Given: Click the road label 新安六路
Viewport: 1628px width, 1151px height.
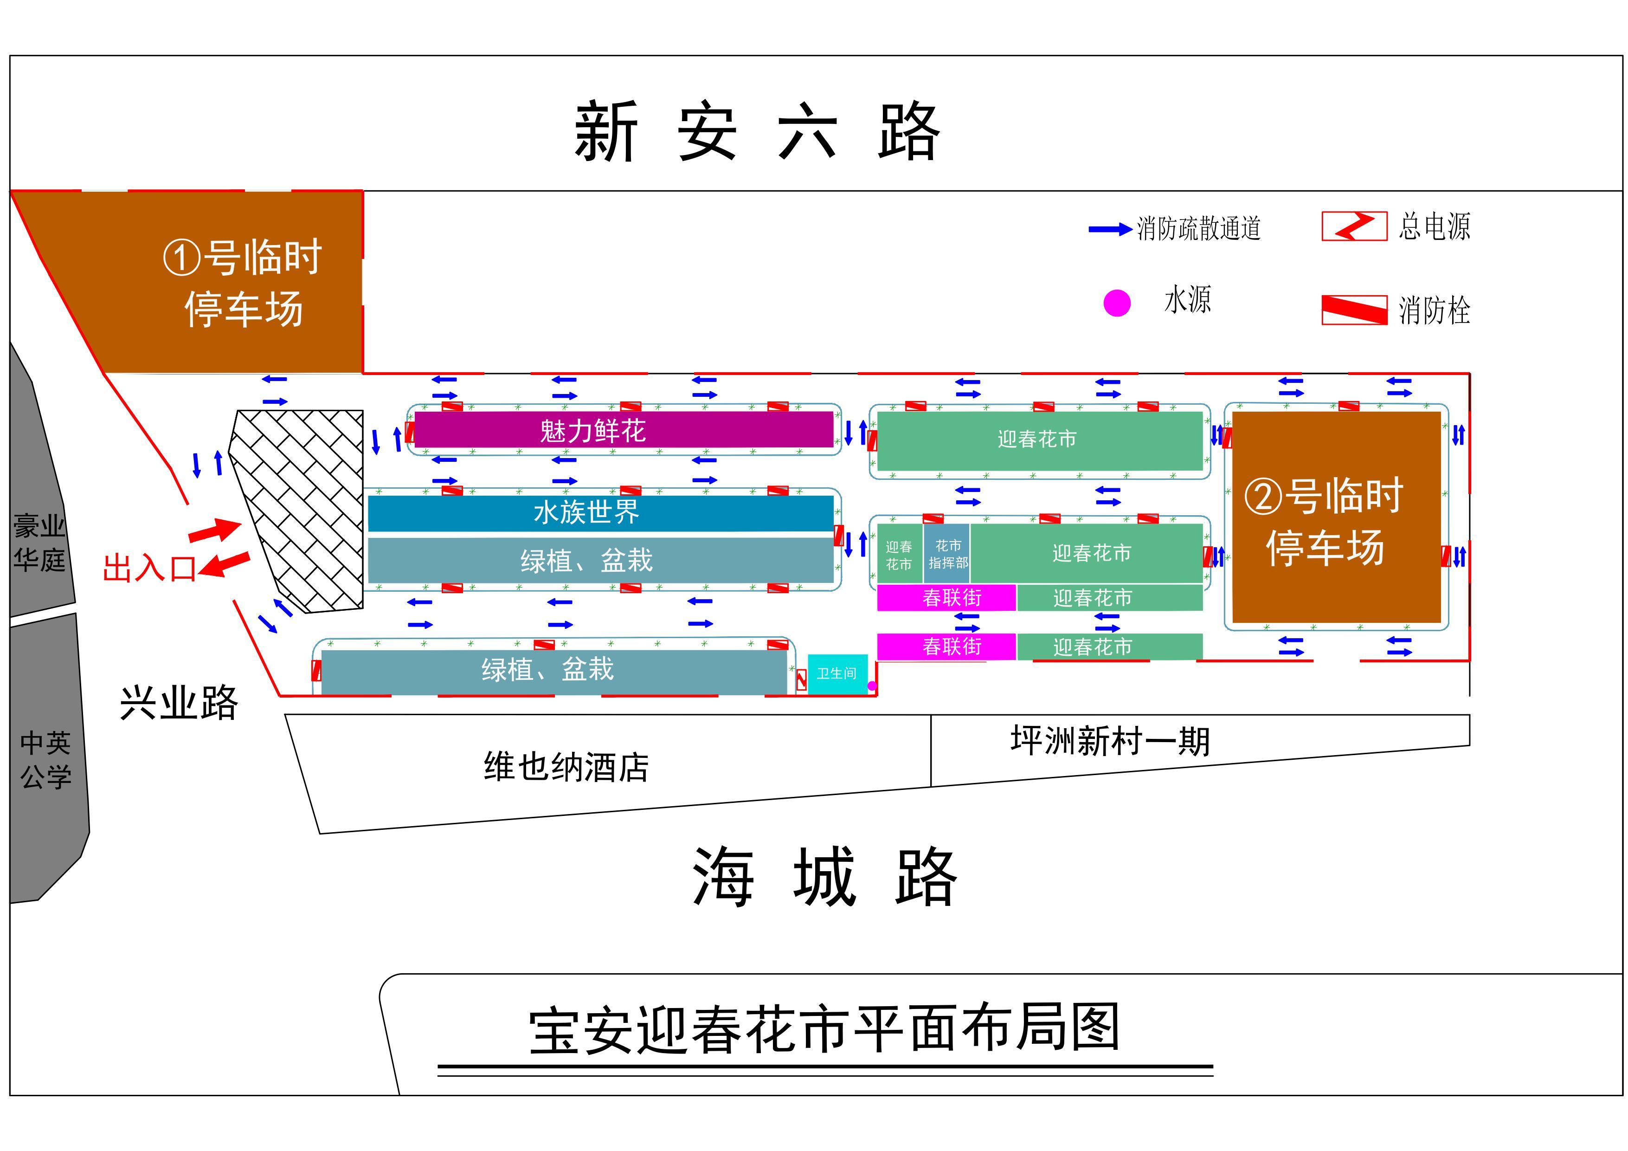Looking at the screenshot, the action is pyautogui.click(x=757, y=132).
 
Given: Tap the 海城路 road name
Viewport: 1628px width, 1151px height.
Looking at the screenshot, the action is pyautogui.click(x=824, y=877).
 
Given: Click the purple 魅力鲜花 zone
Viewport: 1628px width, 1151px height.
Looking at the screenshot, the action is pyautogui.click(x=624, y=430).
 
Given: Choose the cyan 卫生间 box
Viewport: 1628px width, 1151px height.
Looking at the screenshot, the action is pyautogui.click(x=837, y=674).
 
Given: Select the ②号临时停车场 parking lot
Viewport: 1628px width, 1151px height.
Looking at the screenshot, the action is pyautogui.click(x=1337, y=517).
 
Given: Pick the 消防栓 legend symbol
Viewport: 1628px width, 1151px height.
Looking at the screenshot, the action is pyautogui.click(x=1354, y=310).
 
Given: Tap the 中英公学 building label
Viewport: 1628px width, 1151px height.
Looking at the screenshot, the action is pyautogui.click(x=46, y=760).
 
